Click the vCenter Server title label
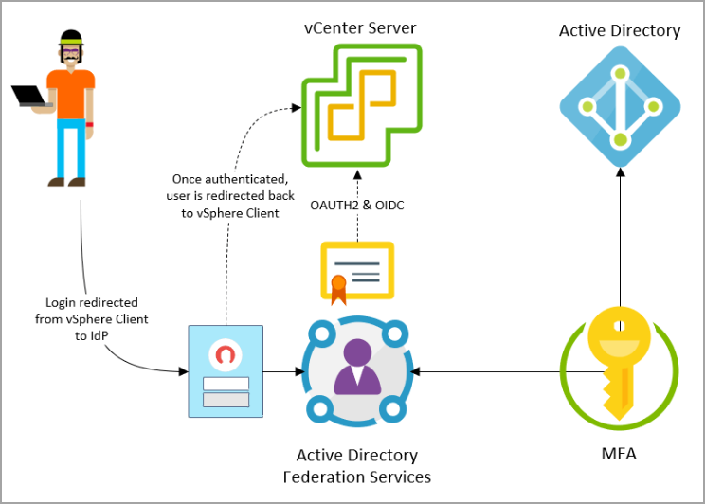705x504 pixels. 360,27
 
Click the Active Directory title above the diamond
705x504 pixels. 620,30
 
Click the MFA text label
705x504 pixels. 619,453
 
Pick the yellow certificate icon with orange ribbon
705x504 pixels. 357,272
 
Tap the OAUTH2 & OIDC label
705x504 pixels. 357,205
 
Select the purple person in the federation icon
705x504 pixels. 357,367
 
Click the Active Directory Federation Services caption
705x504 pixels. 357,466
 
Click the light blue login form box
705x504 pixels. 226,371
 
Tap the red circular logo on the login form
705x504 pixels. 226,354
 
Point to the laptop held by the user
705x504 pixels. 30,96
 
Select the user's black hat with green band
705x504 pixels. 71,37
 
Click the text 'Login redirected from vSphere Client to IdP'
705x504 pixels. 92,318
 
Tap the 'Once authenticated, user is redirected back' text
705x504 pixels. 230,187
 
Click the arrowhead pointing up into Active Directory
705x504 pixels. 621,172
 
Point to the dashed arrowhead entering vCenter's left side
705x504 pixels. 297,107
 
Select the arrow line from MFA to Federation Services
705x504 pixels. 507,371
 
